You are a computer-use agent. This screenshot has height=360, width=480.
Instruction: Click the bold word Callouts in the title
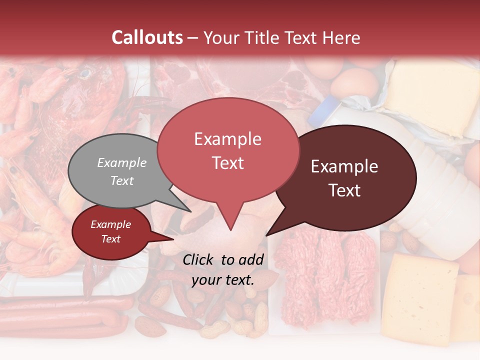(147, 37)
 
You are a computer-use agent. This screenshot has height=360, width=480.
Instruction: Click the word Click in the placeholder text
(198, 259)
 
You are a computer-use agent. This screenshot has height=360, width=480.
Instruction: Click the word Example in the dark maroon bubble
(344, 166)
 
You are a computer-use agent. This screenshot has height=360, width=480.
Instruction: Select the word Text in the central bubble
(227, 162)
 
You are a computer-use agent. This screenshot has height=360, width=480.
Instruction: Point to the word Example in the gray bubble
(121, 162)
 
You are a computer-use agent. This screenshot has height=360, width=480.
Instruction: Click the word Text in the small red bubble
(110, 239)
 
